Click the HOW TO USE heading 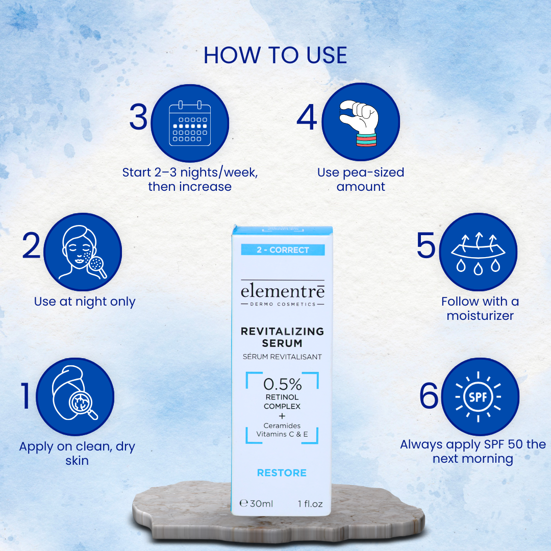[275, 55]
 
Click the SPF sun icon [479, 396]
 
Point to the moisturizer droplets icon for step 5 [478, 252]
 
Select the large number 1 [26, 397]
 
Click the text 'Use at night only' [85, 302]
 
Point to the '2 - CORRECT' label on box [282, 250]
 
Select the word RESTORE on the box [282, 473]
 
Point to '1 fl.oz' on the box [310, 504]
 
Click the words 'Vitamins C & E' [282, 435]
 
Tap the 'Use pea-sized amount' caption [361, 180]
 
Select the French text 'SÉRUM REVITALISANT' [282, 357]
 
